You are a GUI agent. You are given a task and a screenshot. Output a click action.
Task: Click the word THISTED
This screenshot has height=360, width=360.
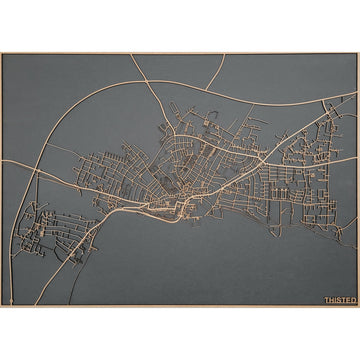click(339, 299)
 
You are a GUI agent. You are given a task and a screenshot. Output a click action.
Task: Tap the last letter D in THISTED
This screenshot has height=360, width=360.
click(353, 299)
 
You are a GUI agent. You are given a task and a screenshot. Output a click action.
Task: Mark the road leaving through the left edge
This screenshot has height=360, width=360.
click(8, 161)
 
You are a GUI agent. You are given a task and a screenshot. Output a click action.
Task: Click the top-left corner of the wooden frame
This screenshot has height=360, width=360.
click(2, 54)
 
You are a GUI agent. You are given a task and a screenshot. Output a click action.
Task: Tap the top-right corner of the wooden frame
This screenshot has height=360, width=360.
click(357, 54)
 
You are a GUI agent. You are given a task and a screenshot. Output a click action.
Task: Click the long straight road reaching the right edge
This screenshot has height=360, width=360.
click(320, 125)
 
